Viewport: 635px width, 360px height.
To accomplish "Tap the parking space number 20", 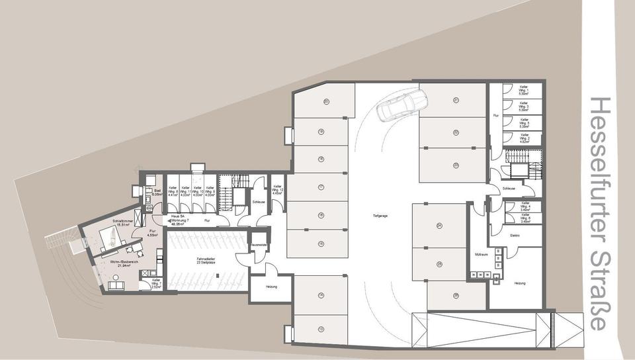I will (326, 101).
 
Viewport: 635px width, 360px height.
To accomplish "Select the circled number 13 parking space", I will (321, 329).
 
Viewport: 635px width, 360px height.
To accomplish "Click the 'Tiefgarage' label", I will (381, 216).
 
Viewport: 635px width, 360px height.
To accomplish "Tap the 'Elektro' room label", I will (515, 234).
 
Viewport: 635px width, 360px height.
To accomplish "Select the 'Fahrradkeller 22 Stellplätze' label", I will (204, 261).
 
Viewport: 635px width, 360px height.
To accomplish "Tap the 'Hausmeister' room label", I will (258, 244).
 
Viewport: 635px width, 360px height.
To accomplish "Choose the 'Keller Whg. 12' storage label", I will (278, 191).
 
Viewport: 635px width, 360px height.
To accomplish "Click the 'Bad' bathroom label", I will (157, 193).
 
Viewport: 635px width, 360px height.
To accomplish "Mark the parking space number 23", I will (456, 165).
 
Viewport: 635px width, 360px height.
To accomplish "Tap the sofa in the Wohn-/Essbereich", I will (117, 285).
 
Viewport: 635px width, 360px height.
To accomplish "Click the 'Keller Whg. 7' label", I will (156, 283).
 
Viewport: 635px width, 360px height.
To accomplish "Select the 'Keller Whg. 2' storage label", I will (524, 138).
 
